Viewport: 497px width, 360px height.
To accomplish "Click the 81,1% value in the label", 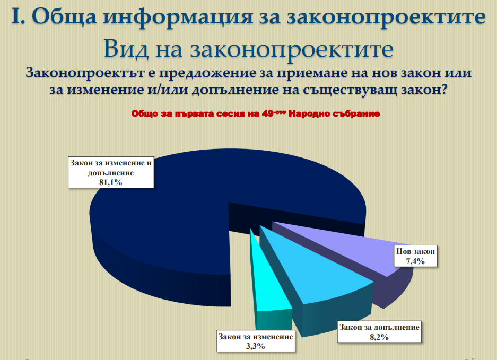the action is [x=111, y=182].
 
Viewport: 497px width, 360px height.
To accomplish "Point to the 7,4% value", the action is [x=415, y=261].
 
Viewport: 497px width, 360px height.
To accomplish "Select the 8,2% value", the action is [x=379, y=337].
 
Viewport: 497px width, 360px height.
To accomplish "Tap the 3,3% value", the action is [x=256, y=346].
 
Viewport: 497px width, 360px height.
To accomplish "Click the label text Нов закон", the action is [x=415, y=251].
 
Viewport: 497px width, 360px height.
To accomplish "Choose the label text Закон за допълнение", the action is [x=379, y=327].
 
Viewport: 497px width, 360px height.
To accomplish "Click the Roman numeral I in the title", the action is [x=18, y=16].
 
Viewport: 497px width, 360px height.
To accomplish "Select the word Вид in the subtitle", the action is [x=126, y=49].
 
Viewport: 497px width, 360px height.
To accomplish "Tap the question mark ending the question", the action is [x=444, y=90].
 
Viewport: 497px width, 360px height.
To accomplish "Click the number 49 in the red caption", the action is [x=268, y=113].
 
